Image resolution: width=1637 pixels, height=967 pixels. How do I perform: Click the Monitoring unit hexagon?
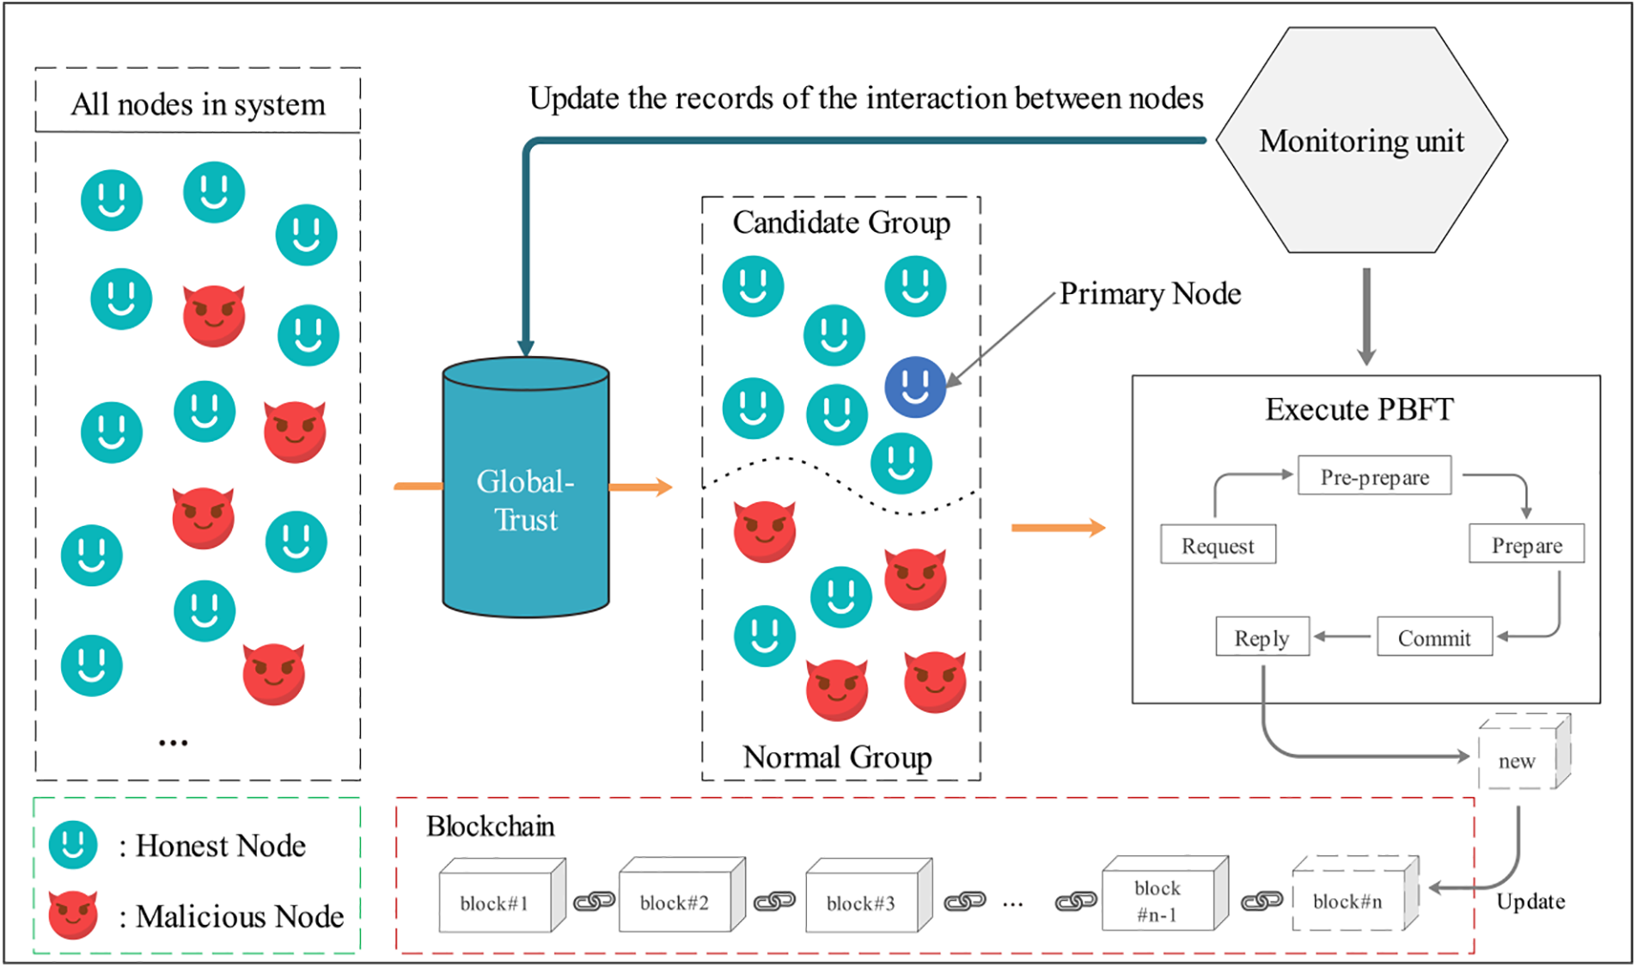(1361, 140)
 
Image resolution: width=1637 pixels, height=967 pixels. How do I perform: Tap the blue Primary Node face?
(915, 387)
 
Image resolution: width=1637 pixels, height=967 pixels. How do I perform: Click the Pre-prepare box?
(1374, 476)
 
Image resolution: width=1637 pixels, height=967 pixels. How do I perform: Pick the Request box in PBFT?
(1218, 545)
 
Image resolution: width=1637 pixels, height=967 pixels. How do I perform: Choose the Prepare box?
(1526, 544)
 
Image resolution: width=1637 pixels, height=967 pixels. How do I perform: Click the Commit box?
(1434, 637)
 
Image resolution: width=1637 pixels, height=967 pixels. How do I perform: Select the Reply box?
(1262, 637)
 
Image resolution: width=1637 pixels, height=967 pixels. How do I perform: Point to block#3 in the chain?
(863, 899)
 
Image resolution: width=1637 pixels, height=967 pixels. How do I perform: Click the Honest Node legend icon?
(73, 844)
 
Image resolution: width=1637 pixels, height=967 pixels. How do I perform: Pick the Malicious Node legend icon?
(73, 914)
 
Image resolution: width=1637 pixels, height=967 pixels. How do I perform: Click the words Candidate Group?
(841, 223)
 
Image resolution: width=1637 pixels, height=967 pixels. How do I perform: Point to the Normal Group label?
(837, 757)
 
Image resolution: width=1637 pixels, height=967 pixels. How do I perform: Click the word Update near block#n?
(1530, 902)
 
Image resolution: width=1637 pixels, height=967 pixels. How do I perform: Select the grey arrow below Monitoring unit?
(1366, 316)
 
